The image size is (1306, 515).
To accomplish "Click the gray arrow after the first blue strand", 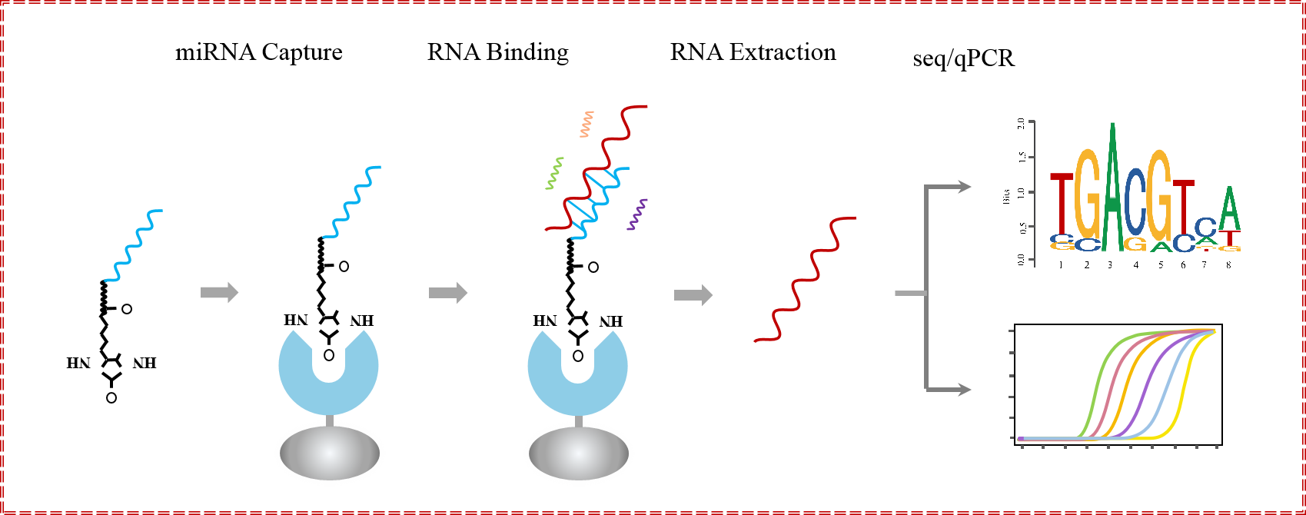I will pyautogui.click(x=219, y=293).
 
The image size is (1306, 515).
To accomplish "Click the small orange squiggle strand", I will pyautogui.click(x=587, y=125).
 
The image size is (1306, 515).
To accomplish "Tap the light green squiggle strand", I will pyautogui.click(x=554, y=174).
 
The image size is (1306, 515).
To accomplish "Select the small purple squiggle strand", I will pyautogui.click(x=637, y=214).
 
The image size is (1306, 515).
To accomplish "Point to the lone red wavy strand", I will pyautogui.click(x=806, y=279).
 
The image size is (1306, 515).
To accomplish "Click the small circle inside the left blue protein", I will pyautogui.click(x=329, y=355).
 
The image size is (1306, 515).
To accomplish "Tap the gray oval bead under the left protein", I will pyautogui.click(x=330, y=453).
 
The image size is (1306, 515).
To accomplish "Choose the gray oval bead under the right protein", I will pyautogui.click(x=579, y=453).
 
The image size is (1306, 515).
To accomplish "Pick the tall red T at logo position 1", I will pyautogui.click(x=1062, y=204).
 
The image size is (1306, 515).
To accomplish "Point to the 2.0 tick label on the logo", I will pyautogui.click(x=1020, y=123).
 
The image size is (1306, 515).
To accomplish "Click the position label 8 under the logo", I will pyautogui.click(x=1228, y=265).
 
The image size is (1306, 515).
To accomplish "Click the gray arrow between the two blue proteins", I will pyautogui.click(x=448, y=293).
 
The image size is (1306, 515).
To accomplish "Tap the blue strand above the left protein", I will pyautogui.click(x=352, y=202).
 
